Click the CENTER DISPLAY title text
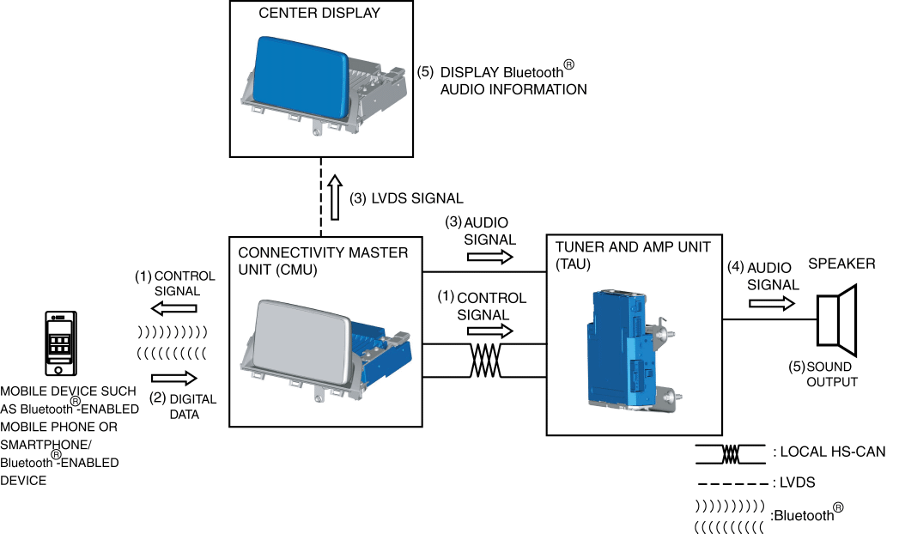point(319,13)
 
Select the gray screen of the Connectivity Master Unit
point(302,343)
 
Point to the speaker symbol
point(837,321)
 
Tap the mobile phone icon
point(61,343)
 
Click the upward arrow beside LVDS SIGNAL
point(336,198)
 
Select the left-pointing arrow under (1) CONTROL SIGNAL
point(173,308)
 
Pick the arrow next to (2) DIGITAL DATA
point(174,378)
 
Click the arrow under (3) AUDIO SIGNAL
point(490,257)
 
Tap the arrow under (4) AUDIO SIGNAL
point(772,302)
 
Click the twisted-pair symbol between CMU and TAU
point(486,361)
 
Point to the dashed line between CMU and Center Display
point(321,197)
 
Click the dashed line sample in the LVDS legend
point(731,484)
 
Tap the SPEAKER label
point(841,264)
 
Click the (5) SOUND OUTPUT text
point(823,374)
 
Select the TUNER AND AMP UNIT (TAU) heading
point(633,256)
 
